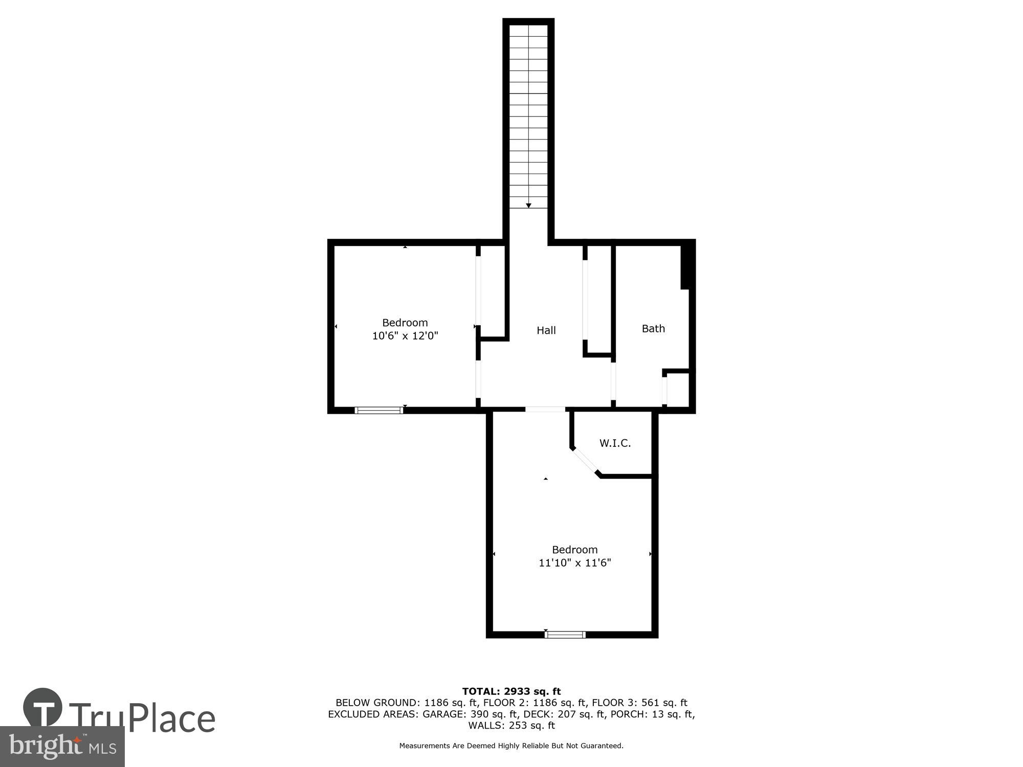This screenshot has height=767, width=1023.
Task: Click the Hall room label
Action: [x=546, y=330]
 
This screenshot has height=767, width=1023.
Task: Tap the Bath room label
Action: [x=653, y=328]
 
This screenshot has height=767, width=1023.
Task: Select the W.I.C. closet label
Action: [x=615, y=443]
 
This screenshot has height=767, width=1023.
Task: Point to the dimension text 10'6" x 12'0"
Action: [x=405, y=336]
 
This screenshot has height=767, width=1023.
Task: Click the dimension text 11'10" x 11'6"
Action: [x=574, y=563]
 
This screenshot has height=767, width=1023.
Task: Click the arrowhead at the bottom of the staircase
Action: [x=528, y=206]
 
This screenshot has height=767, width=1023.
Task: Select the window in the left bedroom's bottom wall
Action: [x=379, y=410]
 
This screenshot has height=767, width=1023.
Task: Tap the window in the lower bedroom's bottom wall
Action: [x=565, y=635]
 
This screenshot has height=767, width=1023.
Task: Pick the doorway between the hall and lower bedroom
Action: [x=545, y=409]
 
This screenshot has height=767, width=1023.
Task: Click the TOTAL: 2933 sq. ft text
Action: [x=511, y=691]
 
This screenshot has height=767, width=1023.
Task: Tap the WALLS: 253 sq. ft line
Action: [x=511, y=725]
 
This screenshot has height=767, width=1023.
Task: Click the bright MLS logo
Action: [x=62, y=747]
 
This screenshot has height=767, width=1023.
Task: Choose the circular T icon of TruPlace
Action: [x=43, y=708]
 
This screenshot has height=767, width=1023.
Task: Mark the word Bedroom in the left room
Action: [x=405, y=323]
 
